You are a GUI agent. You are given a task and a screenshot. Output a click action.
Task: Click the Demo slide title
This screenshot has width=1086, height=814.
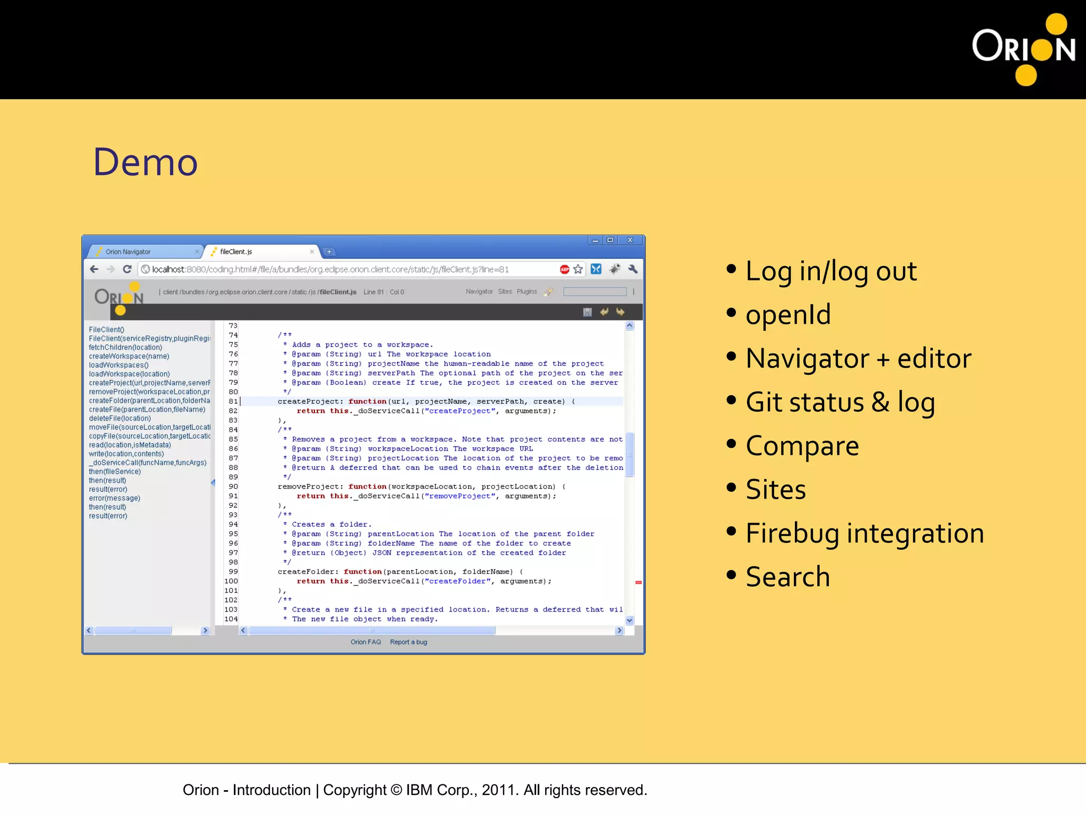pos(145,162)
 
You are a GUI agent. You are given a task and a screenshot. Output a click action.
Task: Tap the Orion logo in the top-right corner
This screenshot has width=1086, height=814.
pos(1023,49)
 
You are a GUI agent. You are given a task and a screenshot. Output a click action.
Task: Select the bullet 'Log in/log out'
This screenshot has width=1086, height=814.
pos(831,271)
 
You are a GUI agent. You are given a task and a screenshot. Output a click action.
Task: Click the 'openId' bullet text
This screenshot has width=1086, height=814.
pos(788,315)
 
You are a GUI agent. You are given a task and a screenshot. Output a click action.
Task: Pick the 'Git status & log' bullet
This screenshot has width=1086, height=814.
pos(840,402)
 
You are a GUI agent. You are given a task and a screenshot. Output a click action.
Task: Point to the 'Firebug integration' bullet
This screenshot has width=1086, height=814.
pos(864,533)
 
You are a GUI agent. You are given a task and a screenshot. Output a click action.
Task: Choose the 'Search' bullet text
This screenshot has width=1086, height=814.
pos(787,577)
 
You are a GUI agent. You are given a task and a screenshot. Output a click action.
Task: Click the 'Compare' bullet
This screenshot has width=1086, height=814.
pos(802,446)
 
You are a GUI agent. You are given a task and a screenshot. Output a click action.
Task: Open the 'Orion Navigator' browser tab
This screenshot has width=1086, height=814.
pos(128,252)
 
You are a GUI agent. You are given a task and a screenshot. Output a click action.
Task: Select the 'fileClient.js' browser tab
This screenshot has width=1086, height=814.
pos(237,252)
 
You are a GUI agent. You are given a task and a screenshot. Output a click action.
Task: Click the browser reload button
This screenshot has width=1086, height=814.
pos(127,269)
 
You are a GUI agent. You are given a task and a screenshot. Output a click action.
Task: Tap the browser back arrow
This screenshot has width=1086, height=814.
pos(94,269)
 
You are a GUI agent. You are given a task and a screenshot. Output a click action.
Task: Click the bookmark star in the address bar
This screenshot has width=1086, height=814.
pos(578,269)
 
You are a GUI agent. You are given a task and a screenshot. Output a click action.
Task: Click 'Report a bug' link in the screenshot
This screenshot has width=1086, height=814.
pos(408,642)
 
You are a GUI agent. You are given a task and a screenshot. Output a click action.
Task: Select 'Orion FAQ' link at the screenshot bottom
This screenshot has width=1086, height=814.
pos(365,642)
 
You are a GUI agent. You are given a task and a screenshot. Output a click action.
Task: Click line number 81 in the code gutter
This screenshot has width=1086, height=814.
pos(233,402)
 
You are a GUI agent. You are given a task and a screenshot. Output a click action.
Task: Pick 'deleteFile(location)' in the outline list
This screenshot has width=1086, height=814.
pos(120,419)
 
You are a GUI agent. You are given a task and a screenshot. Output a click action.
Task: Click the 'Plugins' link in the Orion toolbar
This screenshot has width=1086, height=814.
pos(527,292)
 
